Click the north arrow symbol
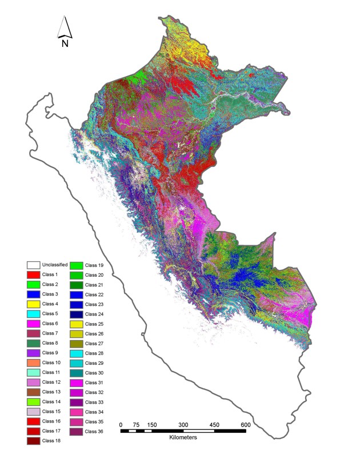(65, 27)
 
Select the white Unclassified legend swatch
(33, 265)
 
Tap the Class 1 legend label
(50, 275)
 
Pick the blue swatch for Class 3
(33, 294)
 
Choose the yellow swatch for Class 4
(33, 304)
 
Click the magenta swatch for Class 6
(33, 324)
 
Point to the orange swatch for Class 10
(33, 363)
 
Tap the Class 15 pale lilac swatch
(33, 412)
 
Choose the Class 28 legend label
(94, 353)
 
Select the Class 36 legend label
(94, 431)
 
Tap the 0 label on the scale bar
(121, 424)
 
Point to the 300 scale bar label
(183, 424)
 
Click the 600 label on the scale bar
(245, 424)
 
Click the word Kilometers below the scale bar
(183, 437)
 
